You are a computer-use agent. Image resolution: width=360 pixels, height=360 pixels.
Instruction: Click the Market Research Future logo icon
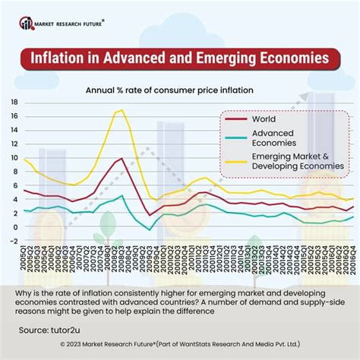[x=27, y=24]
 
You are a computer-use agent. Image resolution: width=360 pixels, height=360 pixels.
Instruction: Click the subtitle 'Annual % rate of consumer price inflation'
[x=179, y=90]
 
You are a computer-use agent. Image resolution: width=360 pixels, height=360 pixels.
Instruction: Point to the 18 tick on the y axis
[x=14, y=102]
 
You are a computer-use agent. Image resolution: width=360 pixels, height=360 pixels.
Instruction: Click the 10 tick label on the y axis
[x=14, y=158]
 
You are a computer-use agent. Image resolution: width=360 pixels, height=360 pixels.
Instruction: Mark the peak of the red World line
[x=121, y=159]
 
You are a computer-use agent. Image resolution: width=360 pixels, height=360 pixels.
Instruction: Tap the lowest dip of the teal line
[x=150, y=229]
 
